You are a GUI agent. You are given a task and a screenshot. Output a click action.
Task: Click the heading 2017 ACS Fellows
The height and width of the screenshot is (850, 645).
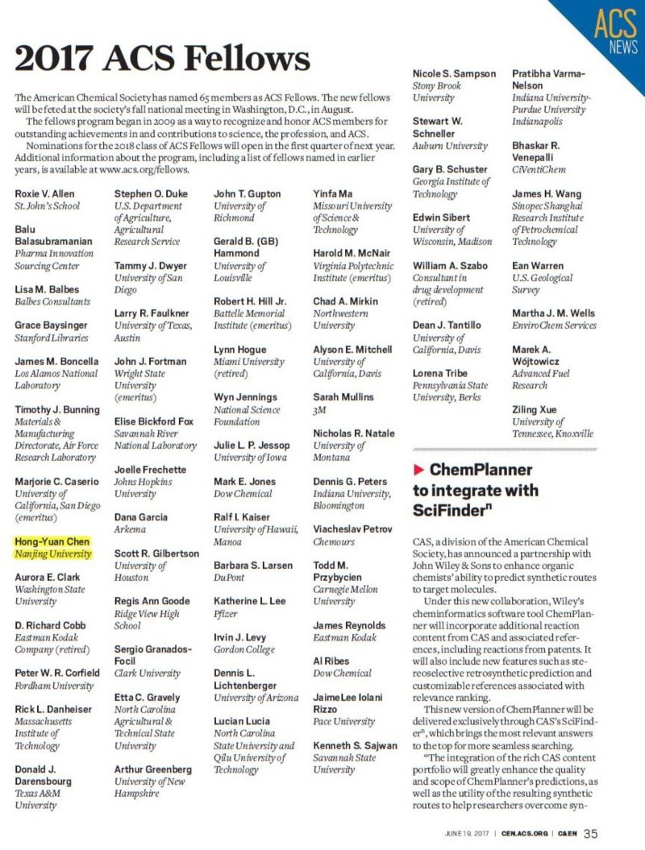162,59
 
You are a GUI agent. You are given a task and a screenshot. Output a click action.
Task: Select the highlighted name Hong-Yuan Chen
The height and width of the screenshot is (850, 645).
52,541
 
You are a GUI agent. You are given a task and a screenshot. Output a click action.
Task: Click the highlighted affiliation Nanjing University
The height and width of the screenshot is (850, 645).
53,554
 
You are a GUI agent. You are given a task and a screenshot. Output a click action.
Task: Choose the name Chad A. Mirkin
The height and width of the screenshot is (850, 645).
347,301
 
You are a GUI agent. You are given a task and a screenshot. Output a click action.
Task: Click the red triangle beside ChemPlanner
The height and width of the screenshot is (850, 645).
418,469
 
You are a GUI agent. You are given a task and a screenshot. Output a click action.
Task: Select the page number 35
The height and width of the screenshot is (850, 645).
591,833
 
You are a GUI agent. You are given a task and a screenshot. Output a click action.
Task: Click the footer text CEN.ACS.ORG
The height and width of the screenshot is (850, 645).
525,834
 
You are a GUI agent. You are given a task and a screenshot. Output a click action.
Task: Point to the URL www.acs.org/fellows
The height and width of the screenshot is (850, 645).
144,170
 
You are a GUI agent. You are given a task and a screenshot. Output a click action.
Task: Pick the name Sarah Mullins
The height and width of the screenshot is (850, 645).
343,397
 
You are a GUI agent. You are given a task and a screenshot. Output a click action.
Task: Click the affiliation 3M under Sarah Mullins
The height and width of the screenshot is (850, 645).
319,409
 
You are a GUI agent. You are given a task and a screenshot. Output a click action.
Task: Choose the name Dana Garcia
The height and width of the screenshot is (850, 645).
141,517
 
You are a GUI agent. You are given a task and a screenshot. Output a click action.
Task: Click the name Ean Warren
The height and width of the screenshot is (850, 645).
538,266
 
